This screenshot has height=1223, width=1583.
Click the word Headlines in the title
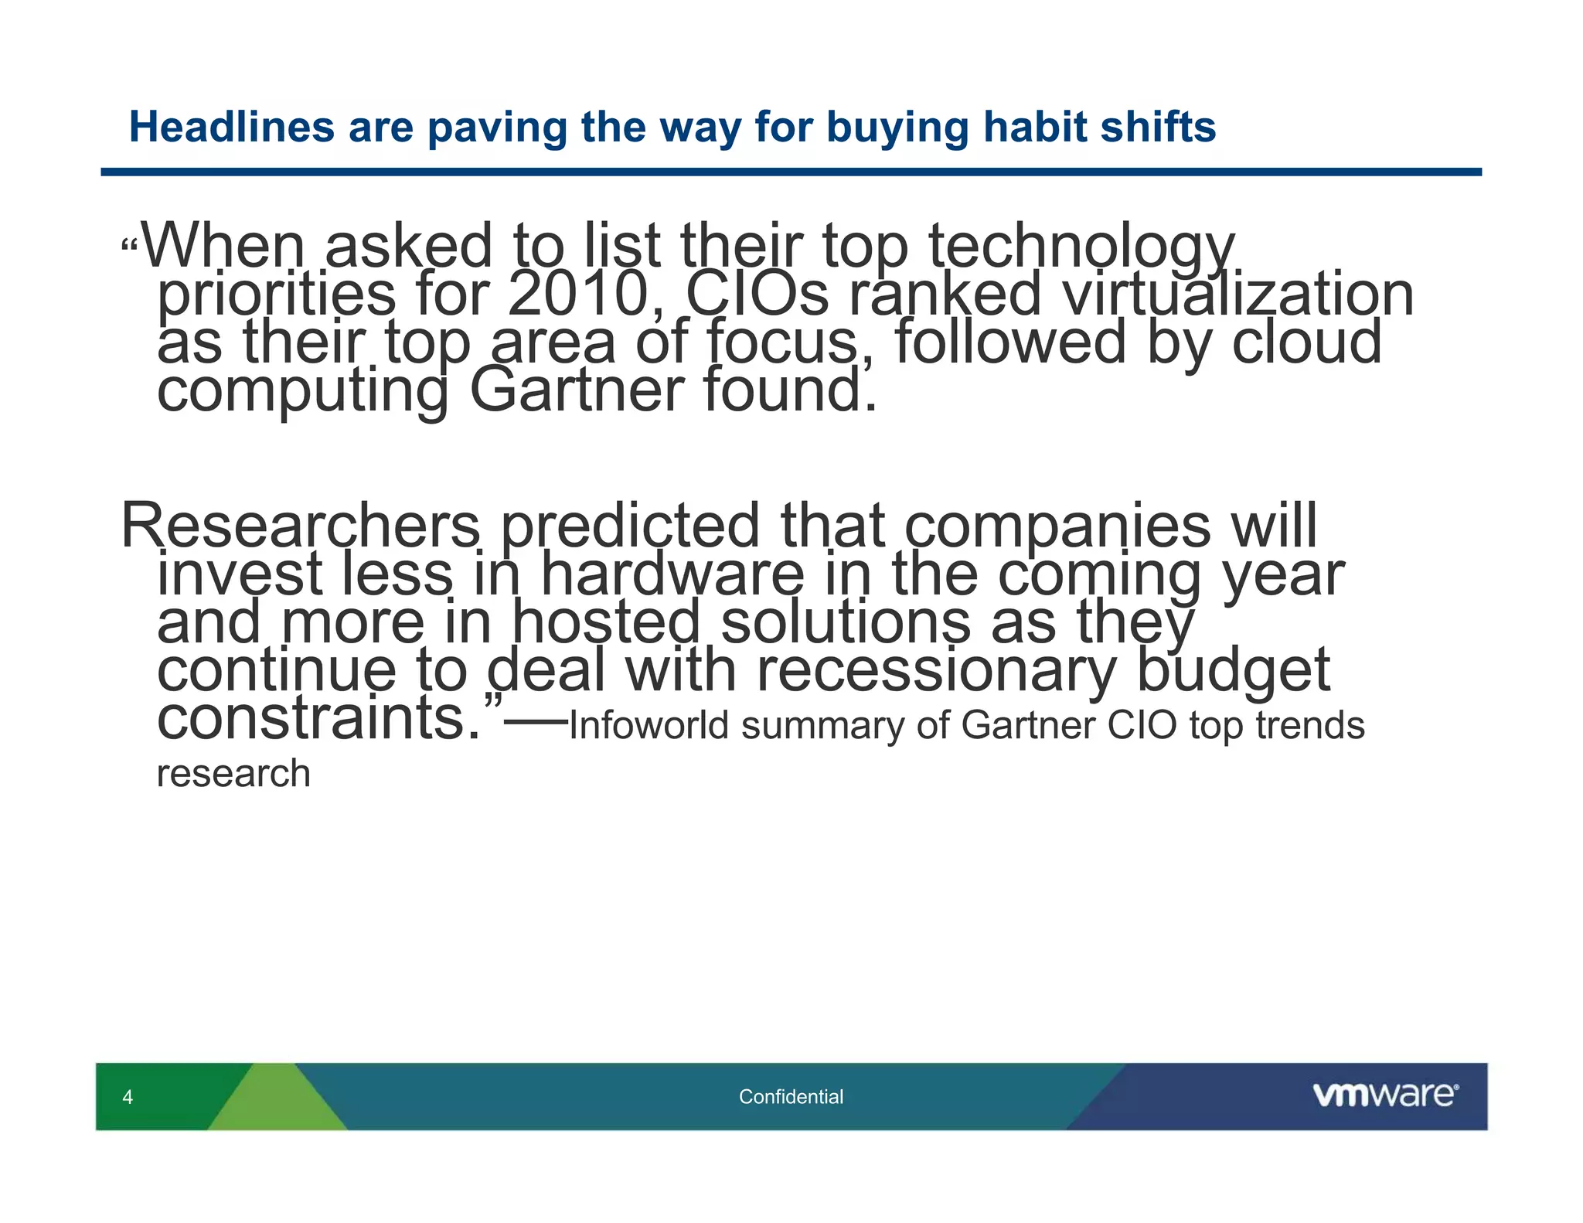tap(231, 127)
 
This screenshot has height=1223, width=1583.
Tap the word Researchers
tap(301, 526)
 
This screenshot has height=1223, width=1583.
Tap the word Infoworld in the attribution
tap(649, 725)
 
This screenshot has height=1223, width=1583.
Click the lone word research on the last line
tap(233, 773)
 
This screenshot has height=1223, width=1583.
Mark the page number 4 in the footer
tap(128, 1096)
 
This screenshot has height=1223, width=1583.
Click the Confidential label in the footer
tap(791, 1096)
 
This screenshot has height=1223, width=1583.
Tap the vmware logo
tap(1385, 1095)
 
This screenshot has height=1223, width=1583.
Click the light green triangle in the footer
tap(276, 1102)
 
